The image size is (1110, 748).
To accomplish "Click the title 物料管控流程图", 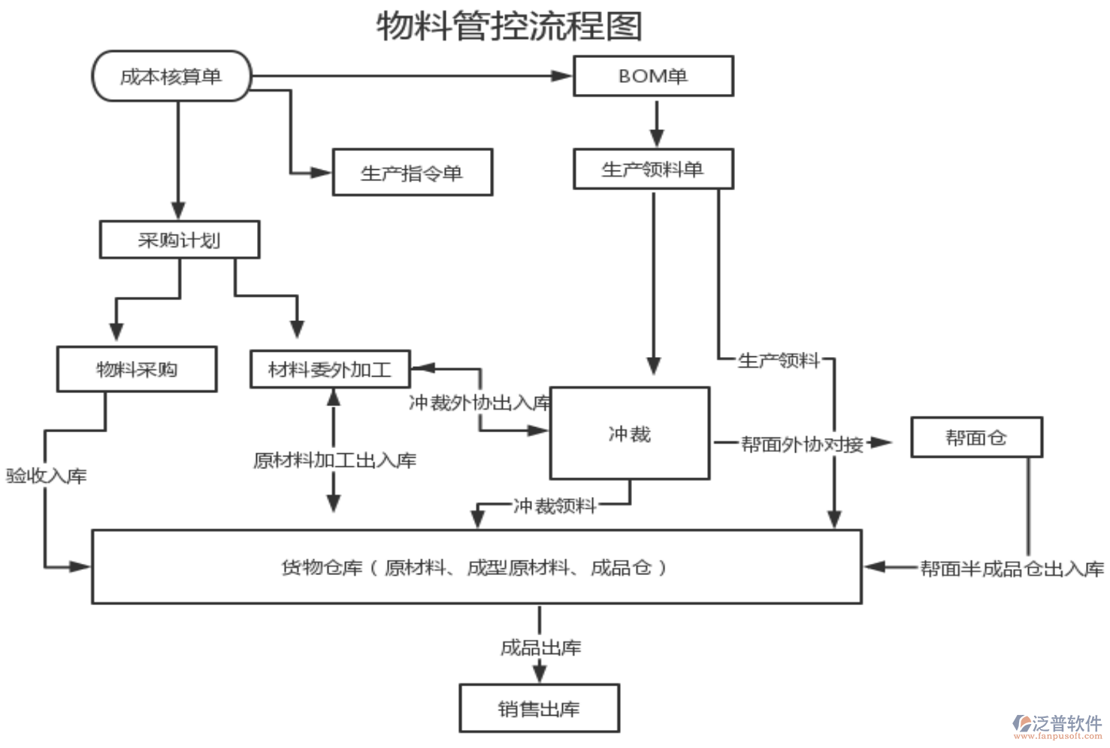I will (x=510, y=26).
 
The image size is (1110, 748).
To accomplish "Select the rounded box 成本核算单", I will (x=171, y=76).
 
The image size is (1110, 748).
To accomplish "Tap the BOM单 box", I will (x=653, y=76).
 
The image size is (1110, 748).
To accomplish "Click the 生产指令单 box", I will (x=413, y=173).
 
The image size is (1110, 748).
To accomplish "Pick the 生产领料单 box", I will (x=653, y=169).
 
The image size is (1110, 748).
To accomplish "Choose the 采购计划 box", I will (x=180, y=240).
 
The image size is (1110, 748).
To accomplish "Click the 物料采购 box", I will (x=137, y=369).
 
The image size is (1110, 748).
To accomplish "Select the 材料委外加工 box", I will (x=330, y=369).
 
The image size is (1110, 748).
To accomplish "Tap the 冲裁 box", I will (x=630, y=434).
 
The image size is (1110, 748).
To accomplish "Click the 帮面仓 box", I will (x=976, y=438).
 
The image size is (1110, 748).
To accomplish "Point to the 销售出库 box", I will (x=539, y=708).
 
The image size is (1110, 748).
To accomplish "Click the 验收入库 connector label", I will (x=47, y=476).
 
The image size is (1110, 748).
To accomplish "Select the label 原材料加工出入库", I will (x=334, y=460).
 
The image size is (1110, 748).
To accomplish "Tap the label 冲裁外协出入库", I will (x=479, y=403).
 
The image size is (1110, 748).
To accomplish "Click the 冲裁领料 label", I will (x=555, y=505).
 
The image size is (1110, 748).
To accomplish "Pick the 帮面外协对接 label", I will (x=802, y=444).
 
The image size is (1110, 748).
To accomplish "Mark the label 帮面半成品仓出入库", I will (x=1012, y=569).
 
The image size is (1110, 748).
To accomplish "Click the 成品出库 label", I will (x=540, y=647).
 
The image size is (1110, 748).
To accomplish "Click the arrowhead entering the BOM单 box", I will (x=562, y=76).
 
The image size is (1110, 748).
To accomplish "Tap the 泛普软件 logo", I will (x=1058, y=725).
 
